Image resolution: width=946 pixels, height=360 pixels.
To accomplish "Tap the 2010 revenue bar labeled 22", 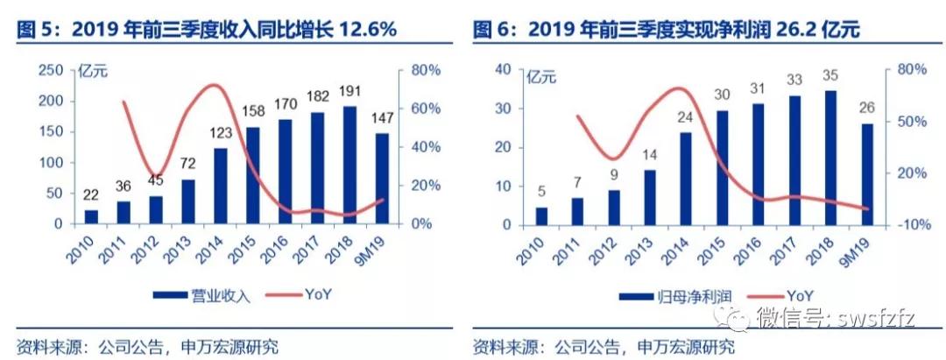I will click(91, 216).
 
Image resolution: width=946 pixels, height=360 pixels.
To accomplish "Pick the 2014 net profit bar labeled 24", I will click(686, 178).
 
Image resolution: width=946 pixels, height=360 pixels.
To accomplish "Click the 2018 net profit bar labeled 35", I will click(830, 157).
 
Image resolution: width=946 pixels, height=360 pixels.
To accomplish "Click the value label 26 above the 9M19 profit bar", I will click(866, 109).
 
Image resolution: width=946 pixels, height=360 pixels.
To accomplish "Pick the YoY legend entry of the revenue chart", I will click(317, 295).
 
